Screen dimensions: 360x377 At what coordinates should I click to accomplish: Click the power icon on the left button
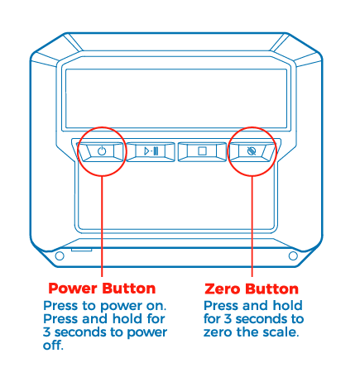coord(102,151)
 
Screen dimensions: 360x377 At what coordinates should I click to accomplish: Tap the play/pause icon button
coord(151,151)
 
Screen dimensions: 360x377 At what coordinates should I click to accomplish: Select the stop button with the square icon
coord(202,151)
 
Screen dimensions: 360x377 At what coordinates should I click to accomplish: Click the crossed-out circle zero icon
coord(252,151)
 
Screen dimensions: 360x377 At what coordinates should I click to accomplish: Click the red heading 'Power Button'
coord(102,289)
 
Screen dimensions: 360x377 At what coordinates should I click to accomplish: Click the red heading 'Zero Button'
coord(252,289)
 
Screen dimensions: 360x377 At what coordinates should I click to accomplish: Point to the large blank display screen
coord(176,98)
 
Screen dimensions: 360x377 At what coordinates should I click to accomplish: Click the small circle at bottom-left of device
coord(60,256)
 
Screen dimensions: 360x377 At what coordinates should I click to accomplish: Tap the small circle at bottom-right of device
coord(293,256)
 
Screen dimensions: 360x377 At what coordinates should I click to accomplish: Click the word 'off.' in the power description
coord(53,345)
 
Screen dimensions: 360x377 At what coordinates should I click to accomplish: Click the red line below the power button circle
coord(102,226)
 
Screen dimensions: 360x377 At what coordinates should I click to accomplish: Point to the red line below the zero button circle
coord(252,226)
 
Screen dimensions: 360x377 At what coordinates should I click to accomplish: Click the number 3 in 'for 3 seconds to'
coord(228,319)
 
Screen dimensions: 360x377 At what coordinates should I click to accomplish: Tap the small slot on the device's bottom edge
coord(81,250)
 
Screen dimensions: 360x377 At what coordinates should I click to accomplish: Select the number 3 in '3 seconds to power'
coord(46,332)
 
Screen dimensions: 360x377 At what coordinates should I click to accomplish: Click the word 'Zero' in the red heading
coord(223,289)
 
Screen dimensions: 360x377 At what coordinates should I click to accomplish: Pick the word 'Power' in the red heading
coord(73,289)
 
